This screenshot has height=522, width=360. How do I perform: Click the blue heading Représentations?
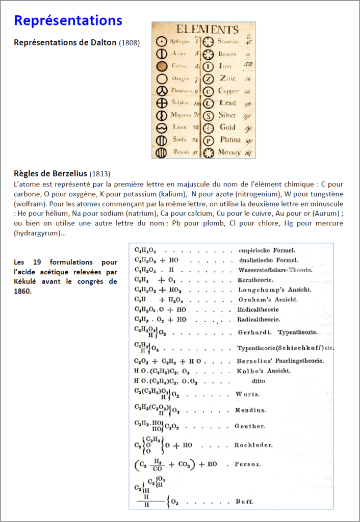coord(68,20)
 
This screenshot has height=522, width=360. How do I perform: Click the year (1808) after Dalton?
coord(130,43)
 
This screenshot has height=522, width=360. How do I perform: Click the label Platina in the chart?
coord(229,140)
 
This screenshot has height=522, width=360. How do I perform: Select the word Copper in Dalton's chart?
coord(228,91)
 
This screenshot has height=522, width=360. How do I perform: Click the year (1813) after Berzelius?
coord(100,173)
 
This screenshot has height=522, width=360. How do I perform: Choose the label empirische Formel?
coord(267,250)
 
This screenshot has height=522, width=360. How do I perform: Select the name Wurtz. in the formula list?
coord(247,395)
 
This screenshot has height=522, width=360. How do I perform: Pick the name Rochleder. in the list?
coord(253,445)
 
